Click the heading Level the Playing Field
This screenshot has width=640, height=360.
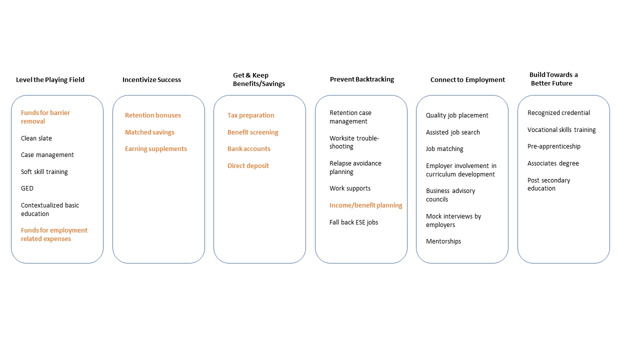[50, 79]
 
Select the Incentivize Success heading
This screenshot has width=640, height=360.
[151, 79]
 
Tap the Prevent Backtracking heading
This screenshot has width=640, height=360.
[362, 79]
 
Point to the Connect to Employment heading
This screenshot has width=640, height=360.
[467, 79]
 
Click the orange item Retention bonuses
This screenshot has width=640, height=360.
[153, 115]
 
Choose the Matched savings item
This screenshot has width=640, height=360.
[149, 132]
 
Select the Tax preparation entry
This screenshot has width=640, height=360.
[250, 115]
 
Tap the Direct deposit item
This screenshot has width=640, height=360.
[248, 165]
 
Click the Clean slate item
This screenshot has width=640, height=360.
[36, 138]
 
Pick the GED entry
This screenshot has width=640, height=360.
[27, 188]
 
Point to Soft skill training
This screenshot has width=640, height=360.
[44, 171]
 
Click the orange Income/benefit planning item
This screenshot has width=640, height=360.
[365, 205]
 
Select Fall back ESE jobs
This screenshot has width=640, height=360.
[353, 222]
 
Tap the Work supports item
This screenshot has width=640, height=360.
[350, 188]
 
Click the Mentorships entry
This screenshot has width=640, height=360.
[443, 241]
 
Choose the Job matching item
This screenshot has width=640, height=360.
[444, 149]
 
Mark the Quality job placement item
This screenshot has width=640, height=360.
[457, 115]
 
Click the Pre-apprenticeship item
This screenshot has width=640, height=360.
[553, 146]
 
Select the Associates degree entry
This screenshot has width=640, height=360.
[553, 163]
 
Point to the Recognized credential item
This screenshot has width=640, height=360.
[558, 113]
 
